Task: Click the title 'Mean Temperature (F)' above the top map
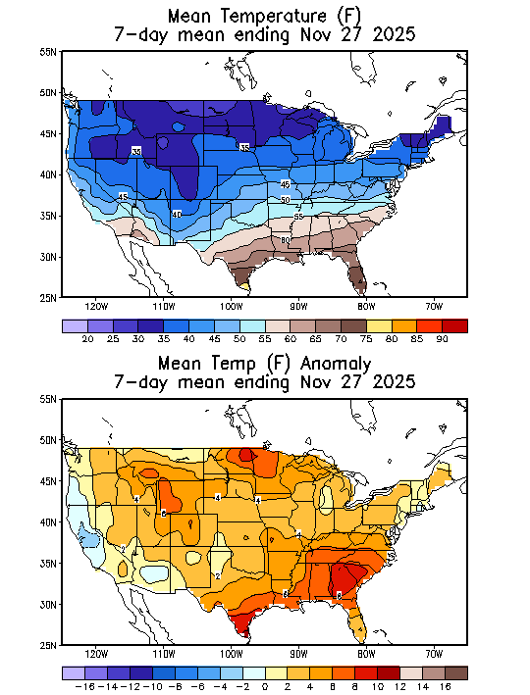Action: tap(264, 16)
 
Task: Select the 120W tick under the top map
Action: tap(96, 305)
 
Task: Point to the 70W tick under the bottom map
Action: tap(434, 654)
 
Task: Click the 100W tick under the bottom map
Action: tap(232, 654)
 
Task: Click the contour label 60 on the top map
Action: tap(286, 239)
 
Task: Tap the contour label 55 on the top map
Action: tap(298, 217)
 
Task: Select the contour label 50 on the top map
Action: tap(286, 200)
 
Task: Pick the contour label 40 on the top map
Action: tap(177, 214)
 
